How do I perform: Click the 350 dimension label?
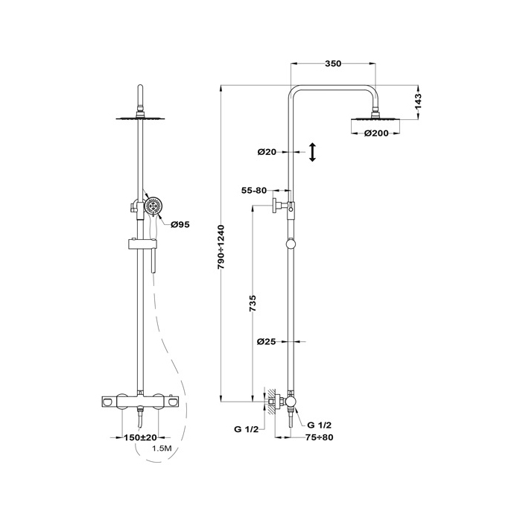333,63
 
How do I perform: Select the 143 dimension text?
418,101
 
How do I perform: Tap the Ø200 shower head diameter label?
376,133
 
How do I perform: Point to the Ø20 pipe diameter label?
267,152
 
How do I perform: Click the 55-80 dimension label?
254,191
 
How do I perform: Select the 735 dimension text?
253,303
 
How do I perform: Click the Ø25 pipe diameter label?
267,341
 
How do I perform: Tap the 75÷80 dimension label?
319,437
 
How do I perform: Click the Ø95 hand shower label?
180,225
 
